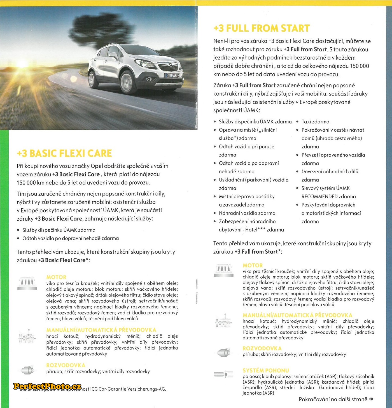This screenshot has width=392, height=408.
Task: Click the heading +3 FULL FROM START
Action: coord(262,28)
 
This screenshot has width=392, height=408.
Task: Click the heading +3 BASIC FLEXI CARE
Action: coord(64,153)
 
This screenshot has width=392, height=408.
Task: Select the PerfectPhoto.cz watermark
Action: coord(47,386)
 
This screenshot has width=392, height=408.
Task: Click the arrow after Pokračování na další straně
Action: coord(372,399)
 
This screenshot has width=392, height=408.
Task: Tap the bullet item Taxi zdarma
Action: coord(315,122)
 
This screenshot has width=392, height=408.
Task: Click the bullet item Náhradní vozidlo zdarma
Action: coord(247,213)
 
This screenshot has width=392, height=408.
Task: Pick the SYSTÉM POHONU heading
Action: coord(266,370)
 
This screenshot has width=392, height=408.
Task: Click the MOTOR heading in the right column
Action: coord(253,265)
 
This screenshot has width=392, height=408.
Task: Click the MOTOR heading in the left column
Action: coord(56,277)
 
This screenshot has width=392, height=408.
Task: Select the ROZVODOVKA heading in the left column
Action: coord(66,365)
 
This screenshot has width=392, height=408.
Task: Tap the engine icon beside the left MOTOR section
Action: coord(27,283)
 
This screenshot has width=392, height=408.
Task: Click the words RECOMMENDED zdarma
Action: coord(328,197)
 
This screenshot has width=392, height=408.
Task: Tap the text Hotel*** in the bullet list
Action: coord(255,230)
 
